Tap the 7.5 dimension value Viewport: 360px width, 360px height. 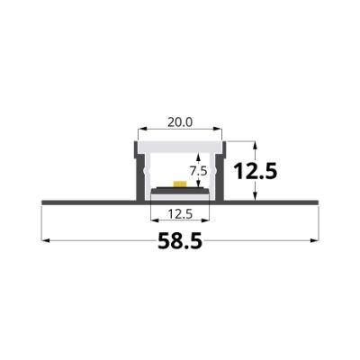pyautogui.click(x=197, y=169)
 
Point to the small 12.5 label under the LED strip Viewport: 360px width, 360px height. pyautogui.click(x=179, y=215)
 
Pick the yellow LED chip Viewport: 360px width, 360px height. pyautogui.click(x=180, y=184)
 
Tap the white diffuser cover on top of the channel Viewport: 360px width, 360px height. pyautogui.click(x=180, y=145)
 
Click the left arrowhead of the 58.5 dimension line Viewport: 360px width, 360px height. pyautogui.click(x=43, y=241)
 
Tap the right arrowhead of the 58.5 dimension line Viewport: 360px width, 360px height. pyautogui.click(x=317, y=241)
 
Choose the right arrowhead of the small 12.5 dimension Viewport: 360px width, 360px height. pyautogui.click(x=209, y=221)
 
